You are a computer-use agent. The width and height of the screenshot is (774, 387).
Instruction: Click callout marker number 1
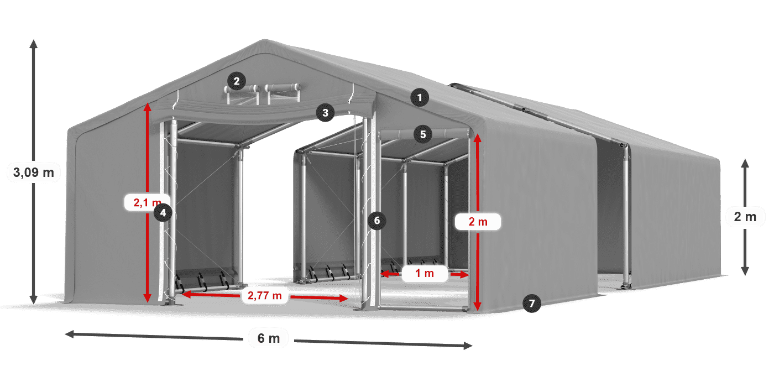(420, 98)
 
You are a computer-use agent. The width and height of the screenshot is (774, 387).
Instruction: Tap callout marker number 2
(237, 81)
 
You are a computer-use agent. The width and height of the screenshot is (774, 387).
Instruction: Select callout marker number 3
(325, 113)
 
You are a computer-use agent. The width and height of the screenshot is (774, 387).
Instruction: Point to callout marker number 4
(163, 212)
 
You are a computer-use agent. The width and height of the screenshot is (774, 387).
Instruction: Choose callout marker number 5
(422, 134)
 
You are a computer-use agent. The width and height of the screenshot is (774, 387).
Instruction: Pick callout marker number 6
(376, 221)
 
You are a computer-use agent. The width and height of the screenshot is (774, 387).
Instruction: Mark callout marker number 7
(531, 304)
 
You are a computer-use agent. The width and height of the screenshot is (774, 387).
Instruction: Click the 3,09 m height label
(34, 172)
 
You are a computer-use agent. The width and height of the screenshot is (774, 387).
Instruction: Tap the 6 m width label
(269, 338)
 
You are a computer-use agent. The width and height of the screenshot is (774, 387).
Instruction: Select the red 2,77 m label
(265, 295)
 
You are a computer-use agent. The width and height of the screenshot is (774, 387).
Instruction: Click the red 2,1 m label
(147, 202)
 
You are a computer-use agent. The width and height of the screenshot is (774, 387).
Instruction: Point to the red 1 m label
(425, 273)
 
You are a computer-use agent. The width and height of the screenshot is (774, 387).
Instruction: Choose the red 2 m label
(478, 222)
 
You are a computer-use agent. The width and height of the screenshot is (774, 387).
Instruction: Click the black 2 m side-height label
(745, 217)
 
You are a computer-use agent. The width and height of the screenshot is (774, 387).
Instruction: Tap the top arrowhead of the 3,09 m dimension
(34, 44)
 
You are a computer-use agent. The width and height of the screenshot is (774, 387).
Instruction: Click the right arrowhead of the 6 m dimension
(468, 346)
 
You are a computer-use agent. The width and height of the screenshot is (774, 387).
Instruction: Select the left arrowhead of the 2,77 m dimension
(186, 294)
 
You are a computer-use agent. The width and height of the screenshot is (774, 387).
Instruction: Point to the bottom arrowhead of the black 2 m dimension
(745, 271)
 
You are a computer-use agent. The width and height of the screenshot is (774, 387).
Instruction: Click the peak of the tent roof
(264, 40)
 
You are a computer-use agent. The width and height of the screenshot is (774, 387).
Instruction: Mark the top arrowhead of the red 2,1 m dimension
(148, 107)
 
